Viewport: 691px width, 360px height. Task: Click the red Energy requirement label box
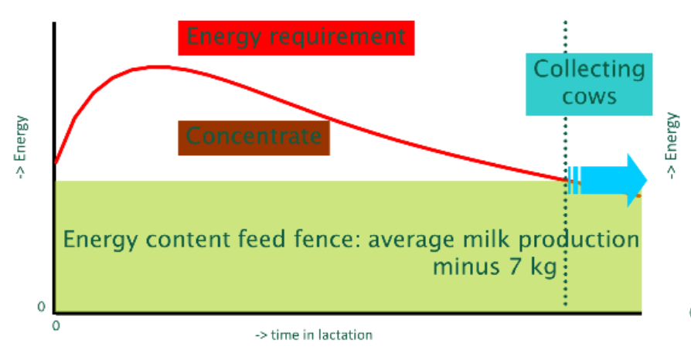(296, 36)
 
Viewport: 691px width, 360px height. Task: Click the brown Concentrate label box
(254, 138)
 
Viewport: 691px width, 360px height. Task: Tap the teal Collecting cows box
(589, 83)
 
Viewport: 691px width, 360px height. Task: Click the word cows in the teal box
(589, 97)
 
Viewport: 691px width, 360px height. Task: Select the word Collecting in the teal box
(589, 70)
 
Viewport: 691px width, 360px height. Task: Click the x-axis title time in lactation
(314, 335)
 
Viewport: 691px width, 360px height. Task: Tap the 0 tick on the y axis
(42, 307)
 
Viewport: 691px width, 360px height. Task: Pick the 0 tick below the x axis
(55, 324)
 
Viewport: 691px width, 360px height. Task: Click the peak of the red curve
(158, 66)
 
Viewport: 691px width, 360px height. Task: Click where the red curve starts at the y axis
(56, 163)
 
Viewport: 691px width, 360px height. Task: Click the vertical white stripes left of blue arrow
(573, 180)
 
